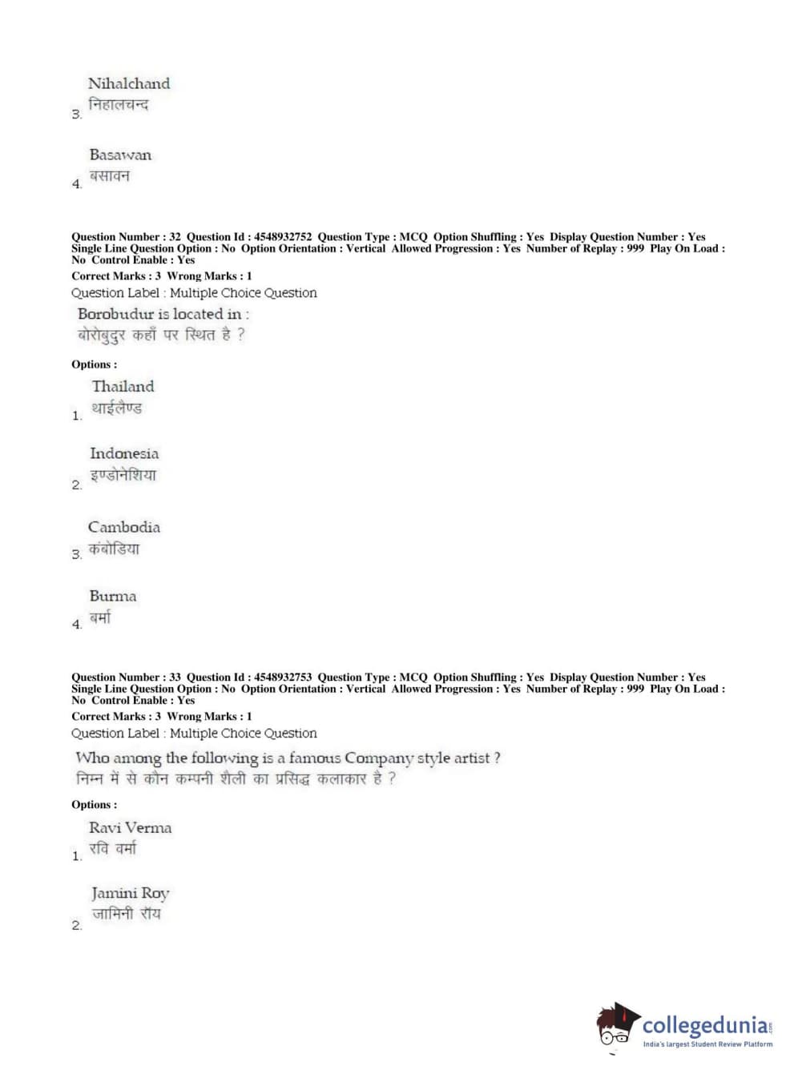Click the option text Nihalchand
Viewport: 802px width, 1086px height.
pyautogui.click(x=128, y=83)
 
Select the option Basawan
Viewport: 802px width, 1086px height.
pyautogui.click(x=120, y=155)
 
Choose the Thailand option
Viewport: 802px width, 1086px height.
pyautogui.click(x=123, y=386)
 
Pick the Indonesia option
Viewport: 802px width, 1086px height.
pyautogui.click(x=124, y=453)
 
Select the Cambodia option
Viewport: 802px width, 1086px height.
pyautogui.click(x=124, y=527)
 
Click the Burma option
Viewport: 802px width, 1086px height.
pyautogui.click(x=113, y=596)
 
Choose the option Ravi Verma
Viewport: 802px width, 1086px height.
pyautogui.click(x=130, y=827)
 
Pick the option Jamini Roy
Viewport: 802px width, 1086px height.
pyautogui.click(x=130, y=893)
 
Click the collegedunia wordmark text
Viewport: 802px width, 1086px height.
pyautogui.click(x=705, y=1025)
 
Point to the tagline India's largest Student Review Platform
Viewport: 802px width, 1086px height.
pyautogui.click(x=707, y=1044)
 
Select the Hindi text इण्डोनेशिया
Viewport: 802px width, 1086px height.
pyautogui.click(x=123, y=475)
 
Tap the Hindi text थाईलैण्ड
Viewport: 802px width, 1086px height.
pyautogui.click(x=116, y=408)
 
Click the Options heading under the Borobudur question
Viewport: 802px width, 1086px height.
pyautogui.click(x=94, y=364)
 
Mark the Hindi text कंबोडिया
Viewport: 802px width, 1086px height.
pyautogui.click(x=114, y=549)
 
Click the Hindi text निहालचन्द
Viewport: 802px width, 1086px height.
pyautogui.click(x=118, y=105)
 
